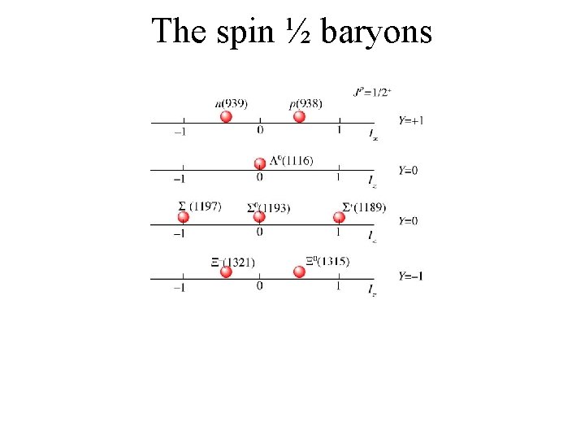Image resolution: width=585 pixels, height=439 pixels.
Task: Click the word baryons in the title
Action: [377, 33]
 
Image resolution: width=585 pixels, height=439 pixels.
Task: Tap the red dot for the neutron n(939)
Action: [227, 116]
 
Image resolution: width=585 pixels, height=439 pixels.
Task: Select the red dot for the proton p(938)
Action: [299, 116]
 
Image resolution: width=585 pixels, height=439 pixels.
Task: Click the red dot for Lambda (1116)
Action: [260, 164]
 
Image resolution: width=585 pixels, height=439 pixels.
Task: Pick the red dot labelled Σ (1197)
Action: [184, 217]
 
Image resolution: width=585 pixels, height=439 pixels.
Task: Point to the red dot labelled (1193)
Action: [259, 216]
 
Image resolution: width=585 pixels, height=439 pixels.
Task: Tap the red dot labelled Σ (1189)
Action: [340, 216]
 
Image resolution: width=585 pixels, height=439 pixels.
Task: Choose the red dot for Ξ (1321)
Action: [227, 272]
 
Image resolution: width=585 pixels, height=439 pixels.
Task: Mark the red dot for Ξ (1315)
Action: [299, 272]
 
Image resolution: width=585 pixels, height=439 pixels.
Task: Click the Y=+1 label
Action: [411, 120]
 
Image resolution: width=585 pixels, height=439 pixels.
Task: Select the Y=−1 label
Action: [411, 276]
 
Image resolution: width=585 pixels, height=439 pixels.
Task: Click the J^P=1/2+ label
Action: [373, 92]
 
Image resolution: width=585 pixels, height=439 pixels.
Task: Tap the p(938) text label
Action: [305, 103]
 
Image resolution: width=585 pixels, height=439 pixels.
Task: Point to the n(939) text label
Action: [232, 103]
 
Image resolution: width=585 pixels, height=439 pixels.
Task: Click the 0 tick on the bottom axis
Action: [259, 286]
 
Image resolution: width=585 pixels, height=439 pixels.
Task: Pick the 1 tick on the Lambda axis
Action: [338, 178]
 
